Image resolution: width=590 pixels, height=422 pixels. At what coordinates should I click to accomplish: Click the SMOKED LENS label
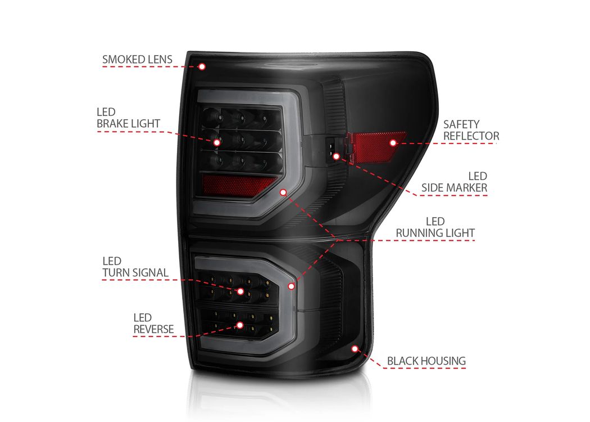coord(137,60)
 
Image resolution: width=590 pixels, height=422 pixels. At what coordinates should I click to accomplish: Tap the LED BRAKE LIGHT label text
coord(128,118)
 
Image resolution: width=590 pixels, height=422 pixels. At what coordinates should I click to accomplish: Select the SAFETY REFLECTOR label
coord(471,130)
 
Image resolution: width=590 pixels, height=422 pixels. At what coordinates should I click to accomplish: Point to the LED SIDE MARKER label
coord(454,182)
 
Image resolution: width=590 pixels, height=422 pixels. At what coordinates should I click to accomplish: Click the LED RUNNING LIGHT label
coord(435,227)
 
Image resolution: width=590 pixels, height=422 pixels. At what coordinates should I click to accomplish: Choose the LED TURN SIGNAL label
coord(135,267)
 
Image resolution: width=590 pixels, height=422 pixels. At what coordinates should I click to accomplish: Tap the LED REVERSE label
coord(153,324)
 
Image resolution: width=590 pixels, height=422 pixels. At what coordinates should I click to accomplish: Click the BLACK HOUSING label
coord(426,361)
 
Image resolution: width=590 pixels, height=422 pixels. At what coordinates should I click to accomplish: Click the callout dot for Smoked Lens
coord(202,67)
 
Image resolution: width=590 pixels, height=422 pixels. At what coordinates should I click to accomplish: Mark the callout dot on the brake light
coord(217,142)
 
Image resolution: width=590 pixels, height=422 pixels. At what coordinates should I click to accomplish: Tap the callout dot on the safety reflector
coord(393,143)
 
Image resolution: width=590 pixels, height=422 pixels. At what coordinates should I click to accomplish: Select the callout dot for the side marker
coord(337,156)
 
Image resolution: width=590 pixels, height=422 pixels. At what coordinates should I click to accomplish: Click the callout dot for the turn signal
coord(240,291)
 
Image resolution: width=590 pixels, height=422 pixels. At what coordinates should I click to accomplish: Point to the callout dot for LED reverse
coord(240,325)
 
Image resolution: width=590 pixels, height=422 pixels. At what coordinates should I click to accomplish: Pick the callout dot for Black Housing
coord(355,348)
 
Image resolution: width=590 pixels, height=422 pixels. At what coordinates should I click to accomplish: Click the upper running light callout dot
coord(283,192)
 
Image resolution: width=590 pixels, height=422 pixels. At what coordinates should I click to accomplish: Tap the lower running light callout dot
coord(291,286)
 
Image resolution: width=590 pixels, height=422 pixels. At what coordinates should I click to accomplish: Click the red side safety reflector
coord(376,146)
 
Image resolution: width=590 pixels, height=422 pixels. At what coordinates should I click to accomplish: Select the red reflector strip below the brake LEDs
coord(237,185)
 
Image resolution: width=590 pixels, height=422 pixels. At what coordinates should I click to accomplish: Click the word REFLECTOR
coord(471,136)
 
